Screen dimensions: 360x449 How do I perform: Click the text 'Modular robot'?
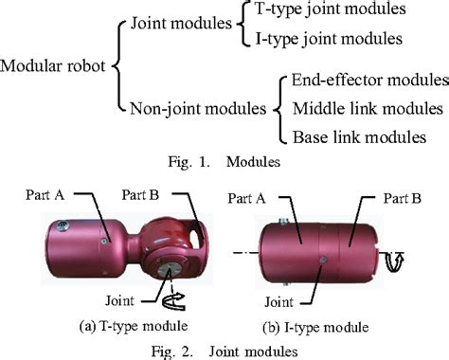tap(56, 67)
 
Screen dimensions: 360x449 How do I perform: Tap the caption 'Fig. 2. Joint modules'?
tap(220, 349)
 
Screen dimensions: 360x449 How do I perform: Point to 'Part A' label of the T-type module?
tap(47, 195)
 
